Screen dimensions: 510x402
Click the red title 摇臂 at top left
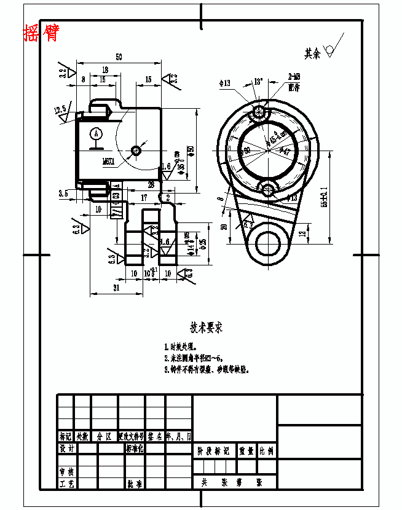(41, 33)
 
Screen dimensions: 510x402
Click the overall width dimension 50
(119, 57)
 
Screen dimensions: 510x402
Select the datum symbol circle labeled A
(95, 133)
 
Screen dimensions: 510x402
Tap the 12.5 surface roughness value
(60, 110)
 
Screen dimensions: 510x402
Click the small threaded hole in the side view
(136, 150)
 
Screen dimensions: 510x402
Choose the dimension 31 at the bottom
(116, 288)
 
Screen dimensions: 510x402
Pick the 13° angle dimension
(258, 81)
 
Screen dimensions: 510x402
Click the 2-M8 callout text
(294, 77)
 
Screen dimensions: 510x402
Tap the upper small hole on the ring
(261, 112)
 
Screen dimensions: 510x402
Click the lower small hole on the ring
(267, 190)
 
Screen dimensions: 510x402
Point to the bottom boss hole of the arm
(269, 243)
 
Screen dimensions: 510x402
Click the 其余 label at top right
(312, 53)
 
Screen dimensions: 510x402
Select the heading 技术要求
(206, 328)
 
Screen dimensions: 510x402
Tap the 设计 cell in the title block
(66, 449)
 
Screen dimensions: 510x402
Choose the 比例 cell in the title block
(266, 450)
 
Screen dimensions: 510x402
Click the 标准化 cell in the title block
(135, 449)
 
